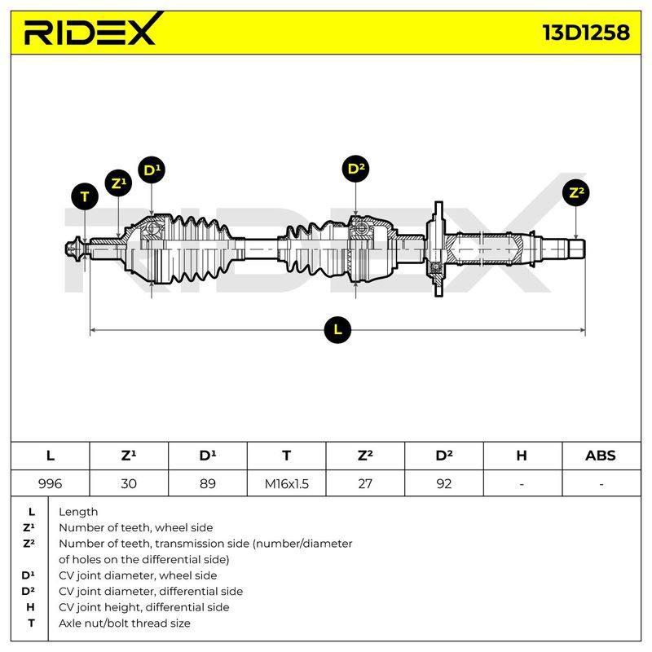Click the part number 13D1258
(x=586, y=33)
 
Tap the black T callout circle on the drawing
(x=85, y=196)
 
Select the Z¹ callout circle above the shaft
(x=118, y=183)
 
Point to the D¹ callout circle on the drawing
(x=152, y=170)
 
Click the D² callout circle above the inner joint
(x=355, y=169)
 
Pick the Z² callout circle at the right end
(x=576, y=192)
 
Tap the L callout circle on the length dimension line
(x=337, y=330)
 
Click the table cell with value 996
(x=50, y=483)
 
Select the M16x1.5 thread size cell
(x=287, y=483)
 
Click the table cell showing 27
(x=365, y=483)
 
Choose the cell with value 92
(x=444, y=483)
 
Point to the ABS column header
(x=601, y=456)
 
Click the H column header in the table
(x=522, y=456)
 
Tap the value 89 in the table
(x=208, y=483)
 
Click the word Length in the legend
(x=78, y=512)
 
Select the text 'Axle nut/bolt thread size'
(x=125, y=623)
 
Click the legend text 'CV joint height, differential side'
(x=144, y=607)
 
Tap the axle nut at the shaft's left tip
(x=74, y=249)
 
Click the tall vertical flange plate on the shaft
(x=438, y=249)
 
